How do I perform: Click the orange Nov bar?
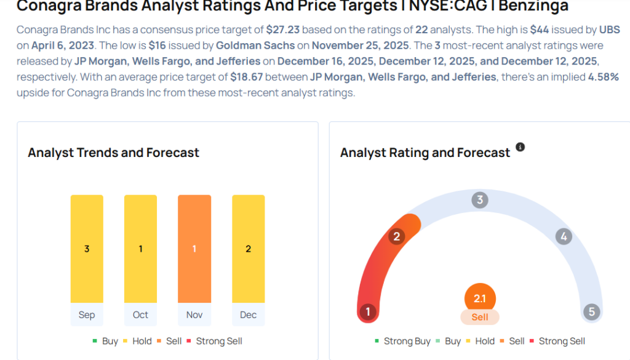click(194, 249)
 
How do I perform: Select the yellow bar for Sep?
click(87, 249)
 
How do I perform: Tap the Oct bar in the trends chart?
click(140, 249)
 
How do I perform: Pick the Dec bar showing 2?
click(248, 249)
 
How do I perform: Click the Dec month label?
click(248, 314)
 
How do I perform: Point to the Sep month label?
click(87, 314)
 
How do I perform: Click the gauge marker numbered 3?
click(479, 200)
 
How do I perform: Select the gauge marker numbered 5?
click(591, 311)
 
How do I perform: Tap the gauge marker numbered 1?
click(368, 311)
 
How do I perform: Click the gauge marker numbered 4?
click(563, 236)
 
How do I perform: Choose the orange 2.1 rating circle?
click(480, 299)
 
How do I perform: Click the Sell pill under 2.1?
click(480, 317)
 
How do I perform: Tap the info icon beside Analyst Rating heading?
click(520, 147)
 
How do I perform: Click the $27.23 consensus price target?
click(282, 30)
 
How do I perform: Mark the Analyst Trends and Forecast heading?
click(113, 153)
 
